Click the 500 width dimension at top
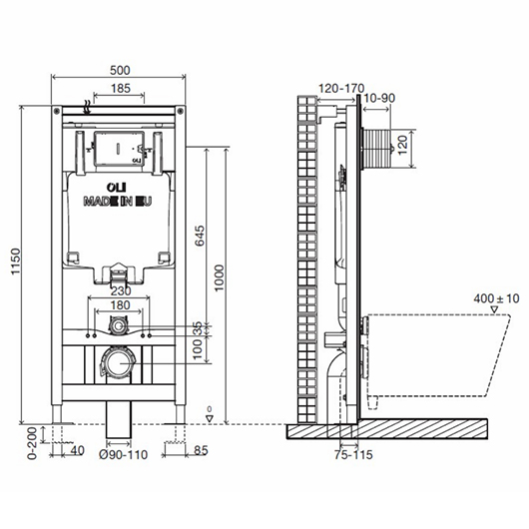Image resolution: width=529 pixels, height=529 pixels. [120, 70]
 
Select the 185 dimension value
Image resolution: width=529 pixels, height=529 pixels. [121, 89]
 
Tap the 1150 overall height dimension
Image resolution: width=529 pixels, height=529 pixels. [16, 262]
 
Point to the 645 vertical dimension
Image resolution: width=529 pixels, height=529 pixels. [200, 236]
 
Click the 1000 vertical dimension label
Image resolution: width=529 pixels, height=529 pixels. [219, 278]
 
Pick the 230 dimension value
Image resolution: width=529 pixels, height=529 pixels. [121, 290]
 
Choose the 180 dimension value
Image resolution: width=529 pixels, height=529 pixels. [120, 305]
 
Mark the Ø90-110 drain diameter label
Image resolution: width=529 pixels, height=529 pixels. [124, 455]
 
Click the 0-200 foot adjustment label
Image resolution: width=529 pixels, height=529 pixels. [32, 443]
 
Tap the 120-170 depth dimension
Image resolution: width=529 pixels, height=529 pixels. [341, 89]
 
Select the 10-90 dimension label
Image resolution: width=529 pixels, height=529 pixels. [380, 98]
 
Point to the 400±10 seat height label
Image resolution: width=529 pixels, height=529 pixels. [496, 298]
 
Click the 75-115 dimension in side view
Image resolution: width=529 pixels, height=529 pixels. [353, 455]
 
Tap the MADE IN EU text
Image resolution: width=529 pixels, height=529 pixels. [118, 202]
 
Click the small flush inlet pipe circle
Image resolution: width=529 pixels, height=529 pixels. [118, 326]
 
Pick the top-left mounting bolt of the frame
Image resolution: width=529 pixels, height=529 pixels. [57, 111]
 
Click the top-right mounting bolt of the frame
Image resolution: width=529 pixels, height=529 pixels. [180, 111]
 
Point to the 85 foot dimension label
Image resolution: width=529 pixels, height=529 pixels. [201, 451]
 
